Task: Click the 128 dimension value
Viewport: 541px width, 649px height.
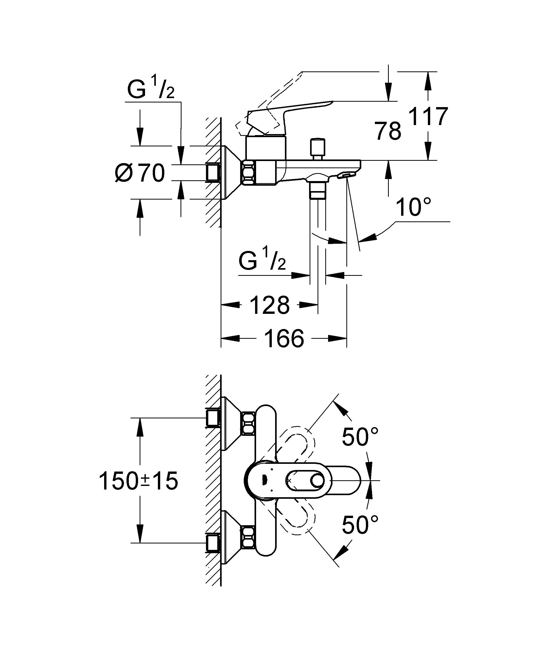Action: (x=269, y=305)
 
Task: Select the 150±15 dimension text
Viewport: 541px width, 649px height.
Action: (x=138, y=481)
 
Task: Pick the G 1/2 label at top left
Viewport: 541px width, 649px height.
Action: (x=151, y=90)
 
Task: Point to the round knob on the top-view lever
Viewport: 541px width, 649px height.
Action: (x=318, y=481)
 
